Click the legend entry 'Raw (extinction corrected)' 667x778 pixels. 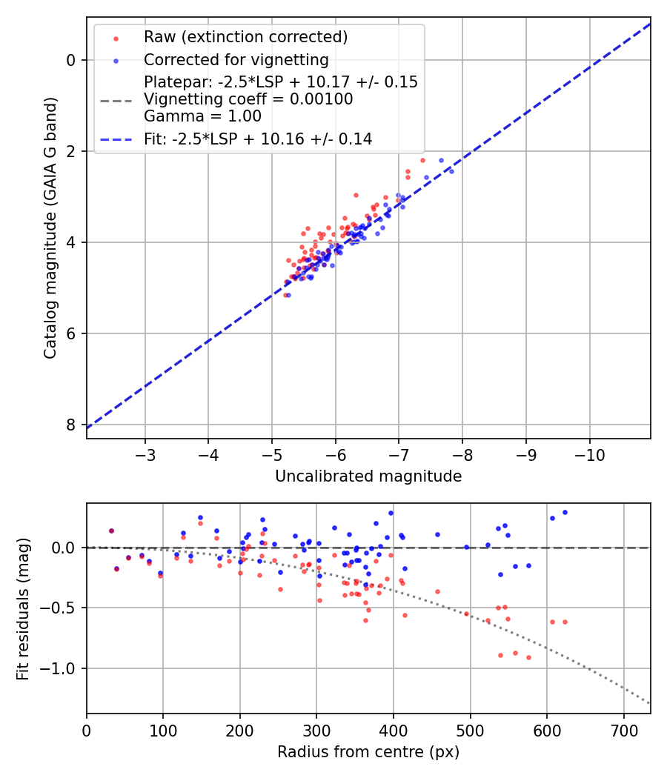coord(245,37)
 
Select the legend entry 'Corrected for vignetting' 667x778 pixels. coord(236,59)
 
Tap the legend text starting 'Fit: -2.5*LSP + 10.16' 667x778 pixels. coord(258,139)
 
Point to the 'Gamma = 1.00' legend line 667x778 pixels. coord(202,116)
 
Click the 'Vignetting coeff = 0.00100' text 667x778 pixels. coord(248,99)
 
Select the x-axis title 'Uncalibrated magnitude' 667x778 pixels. coord(368,476)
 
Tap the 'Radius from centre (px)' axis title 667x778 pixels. coord(368,752)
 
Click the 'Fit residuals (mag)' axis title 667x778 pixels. coord(22,608)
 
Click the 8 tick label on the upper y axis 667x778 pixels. coord(71,425)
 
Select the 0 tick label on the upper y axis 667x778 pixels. coord(71,60)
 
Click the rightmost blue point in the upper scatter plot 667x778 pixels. coord(451,171)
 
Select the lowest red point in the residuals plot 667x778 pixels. coord(528,657)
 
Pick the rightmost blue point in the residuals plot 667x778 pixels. coord(565,512)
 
